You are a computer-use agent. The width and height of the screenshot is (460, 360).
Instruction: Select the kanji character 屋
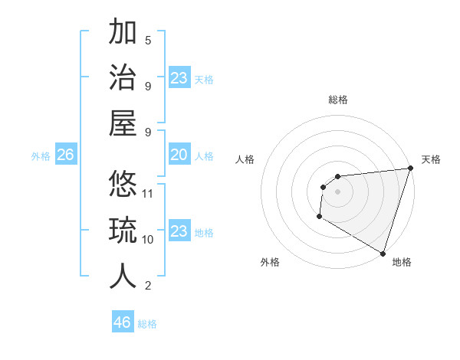click(x=123, y=123)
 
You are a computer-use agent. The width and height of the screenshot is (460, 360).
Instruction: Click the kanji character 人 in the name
click(x=123, y=276)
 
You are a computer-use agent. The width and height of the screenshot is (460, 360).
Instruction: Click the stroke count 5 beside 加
click(x=148, y=40)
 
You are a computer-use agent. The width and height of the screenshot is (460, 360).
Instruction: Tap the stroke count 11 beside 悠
click(x=149, y=193)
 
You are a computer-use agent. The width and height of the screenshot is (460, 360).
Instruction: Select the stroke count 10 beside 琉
click(x=149, y=239)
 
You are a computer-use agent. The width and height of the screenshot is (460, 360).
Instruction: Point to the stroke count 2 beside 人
click(x=148, y=286)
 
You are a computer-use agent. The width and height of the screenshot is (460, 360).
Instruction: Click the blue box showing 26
click(x=65, y=155)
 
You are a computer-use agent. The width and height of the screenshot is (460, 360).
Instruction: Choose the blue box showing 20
click(x=179, y=155)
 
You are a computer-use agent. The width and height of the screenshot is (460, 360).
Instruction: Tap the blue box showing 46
click(x=122, y=322)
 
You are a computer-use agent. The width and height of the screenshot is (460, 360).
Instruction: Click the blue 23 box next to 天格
click(x=179, y=78)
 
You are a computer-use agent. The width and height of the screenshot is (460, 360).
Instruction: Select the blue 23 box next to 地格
click(x=179, y=232)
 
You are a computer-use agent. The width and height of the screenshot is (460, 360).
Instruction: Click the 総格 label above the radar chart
click(x=337, y=100)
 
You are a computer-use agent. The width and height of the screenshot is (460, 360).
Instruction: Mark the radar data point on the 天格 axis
click(x=410, y=169)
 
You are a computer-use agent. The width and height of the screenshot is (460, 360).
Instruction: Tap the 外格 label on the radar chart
click(x=270, y=262)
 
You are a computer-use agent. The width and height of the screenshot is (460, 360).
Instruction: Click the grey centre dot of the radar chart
click(x=337, y=191)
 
